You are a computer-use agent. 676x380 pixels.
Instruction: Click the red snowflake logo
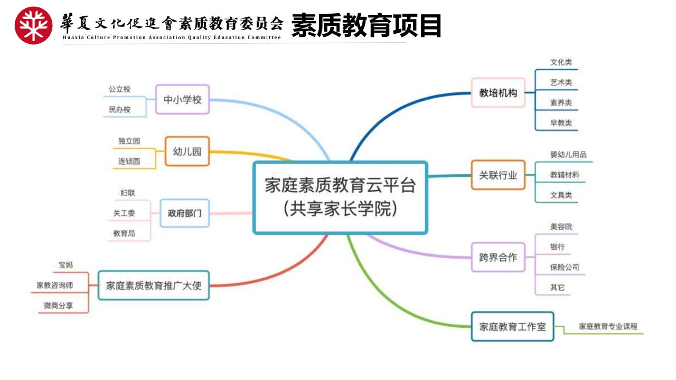(x=33, y=25)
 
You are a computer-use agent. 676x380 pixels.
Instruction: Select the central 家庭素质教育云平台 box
(x=340, y=197)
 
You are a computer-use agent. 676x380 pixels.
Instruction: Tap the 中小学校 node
(x=182, y=99)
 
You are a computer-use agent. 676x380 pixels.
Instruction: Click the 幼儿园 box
(x=187, y=151)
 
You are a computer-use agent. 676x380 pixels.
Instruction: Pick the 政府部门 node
(x=184, y=213)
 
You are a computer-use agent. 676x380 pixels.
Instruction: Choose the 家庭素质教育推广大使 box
(x=154, y=286)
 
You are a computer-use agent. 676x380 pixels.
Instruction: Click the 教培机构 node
(x=498, y=92)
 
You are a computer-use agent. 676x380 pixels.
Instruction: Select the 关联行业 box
(x=498, y=175)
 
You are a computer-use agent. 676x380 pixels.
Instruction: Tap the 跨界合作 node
(x=498, y=257)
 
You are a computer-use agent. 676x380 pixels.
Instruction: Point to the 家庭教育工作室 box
(x=512, y=326)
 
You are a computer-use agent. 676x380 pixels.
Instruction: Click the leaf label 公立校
(x=119, y=89)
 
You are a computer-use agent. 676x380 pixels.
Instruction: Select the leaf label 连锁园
(x=129, y=161)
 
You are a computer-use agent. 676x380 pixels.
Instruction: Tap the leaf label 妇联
(x=128, y=193)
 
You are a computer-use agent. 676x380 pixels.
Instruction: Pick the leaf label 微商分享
(x=58, y=306)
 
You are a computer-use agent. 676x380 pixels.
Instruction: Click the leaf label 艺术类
(x=561, y=82)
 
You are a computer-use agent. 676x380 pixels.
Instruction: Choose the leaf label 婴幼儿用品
(x=568, y=155)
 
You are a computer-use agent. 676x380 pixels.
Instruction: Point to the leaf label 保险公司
(x=565, y=267)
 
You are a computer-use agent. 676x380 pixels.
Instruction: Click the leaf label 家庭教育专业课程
(x=608, y=326)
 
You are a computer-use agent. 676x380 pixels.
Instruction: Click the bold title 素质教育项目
(x=367, y=25)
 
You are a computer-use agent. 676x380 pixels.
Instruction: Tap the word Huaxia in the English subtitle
(x=73, y=37)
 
